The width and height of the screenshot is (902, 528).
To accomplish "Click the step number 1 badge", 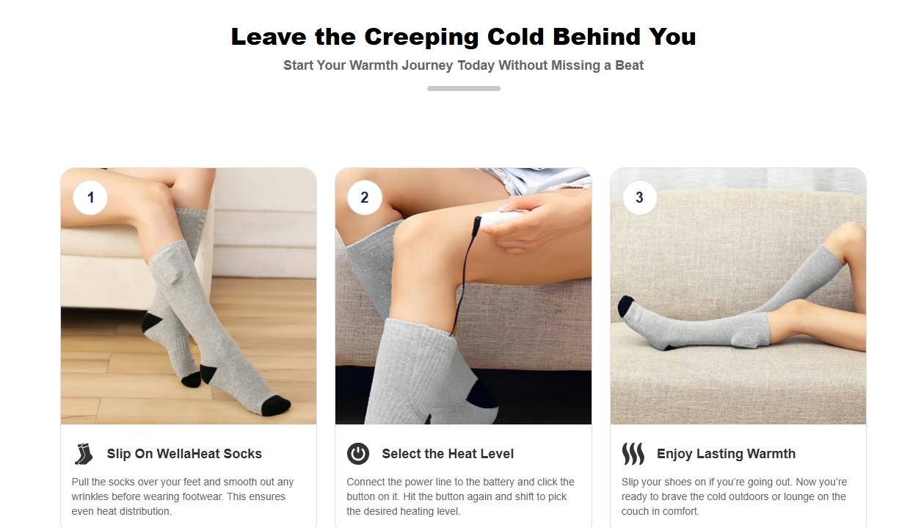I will (x=90, y=198).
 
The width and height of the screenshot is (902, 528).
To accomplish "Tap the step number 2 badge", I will (x=365, y=198).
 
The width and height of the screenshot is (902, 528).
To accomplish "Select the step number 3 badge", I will (x=639, y=198).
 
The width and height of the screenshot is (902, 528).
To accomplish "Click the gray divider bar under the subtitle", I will (x=464, y=88).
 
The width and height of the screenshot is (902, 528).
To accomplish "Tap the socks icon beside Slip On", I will (x=84, y=454).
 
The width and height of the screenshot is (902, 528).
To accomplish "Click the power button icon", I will (x=358, y=454).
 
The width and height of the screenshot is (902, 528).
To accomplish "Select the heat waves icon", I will (x=633, y=454).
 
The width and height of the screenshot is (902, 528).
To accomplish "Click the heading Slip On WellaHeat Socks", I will (x=184, y=454).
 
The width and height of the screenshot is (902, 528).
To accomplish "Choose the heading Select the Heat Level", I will (x=448, y=454).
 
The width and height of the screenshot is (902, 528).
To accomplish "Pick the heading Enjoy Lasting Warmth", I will (x=726, y=454).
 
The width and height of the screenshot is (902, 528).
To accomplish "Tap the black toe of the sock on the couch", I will (x=625, y=305).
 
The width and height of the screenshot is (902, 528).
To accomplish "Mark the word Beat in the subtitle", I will (x=630, y=65).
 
